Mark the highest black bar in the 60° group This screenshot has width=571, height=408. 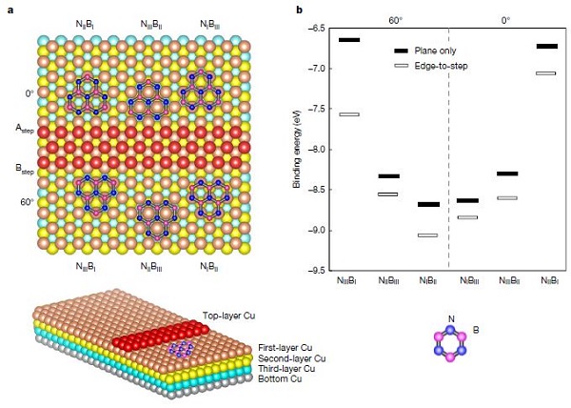(348, 39)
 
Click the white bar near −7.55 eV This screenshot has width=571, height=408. (348, 114)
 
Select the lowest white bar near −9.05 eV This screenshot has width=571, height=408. (427, 235)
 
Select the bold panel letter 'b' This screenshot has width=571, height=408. (301, 9)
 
